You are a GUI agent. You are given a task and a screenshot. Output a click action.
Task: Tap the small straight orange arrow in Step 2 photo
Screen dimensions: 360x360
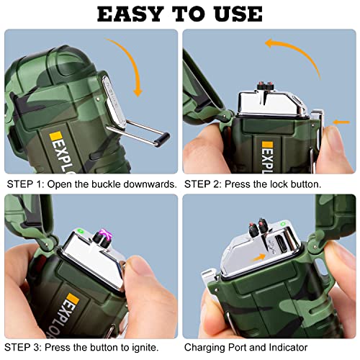333,120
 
